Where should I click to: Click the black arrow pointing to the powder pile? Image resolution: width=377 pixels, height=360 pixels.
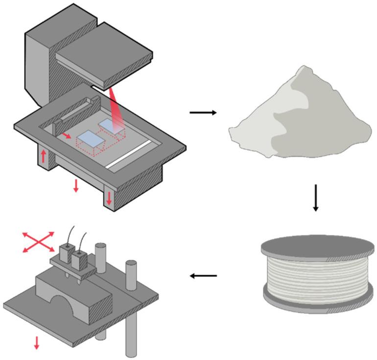tap(203, 113)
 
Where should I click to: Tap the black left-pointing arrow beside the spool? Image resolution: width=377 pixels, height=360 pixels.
tap(203, 276)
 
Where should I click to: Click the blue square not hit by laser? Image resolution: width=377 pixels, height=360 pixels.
tap(90, 140)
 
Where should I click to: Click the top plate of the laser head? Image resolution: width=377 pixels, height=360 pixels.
tap(103, 51)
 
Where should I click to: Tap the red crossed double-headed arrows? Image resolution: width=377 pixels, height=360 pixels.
tap(39, 243)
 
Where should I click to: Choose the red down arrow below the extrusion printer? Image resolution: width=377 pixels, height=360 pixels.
tap(36, 343)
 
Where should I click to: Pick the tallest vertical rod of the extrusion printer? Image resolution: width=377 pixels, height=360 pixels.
tap(131, 308)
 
